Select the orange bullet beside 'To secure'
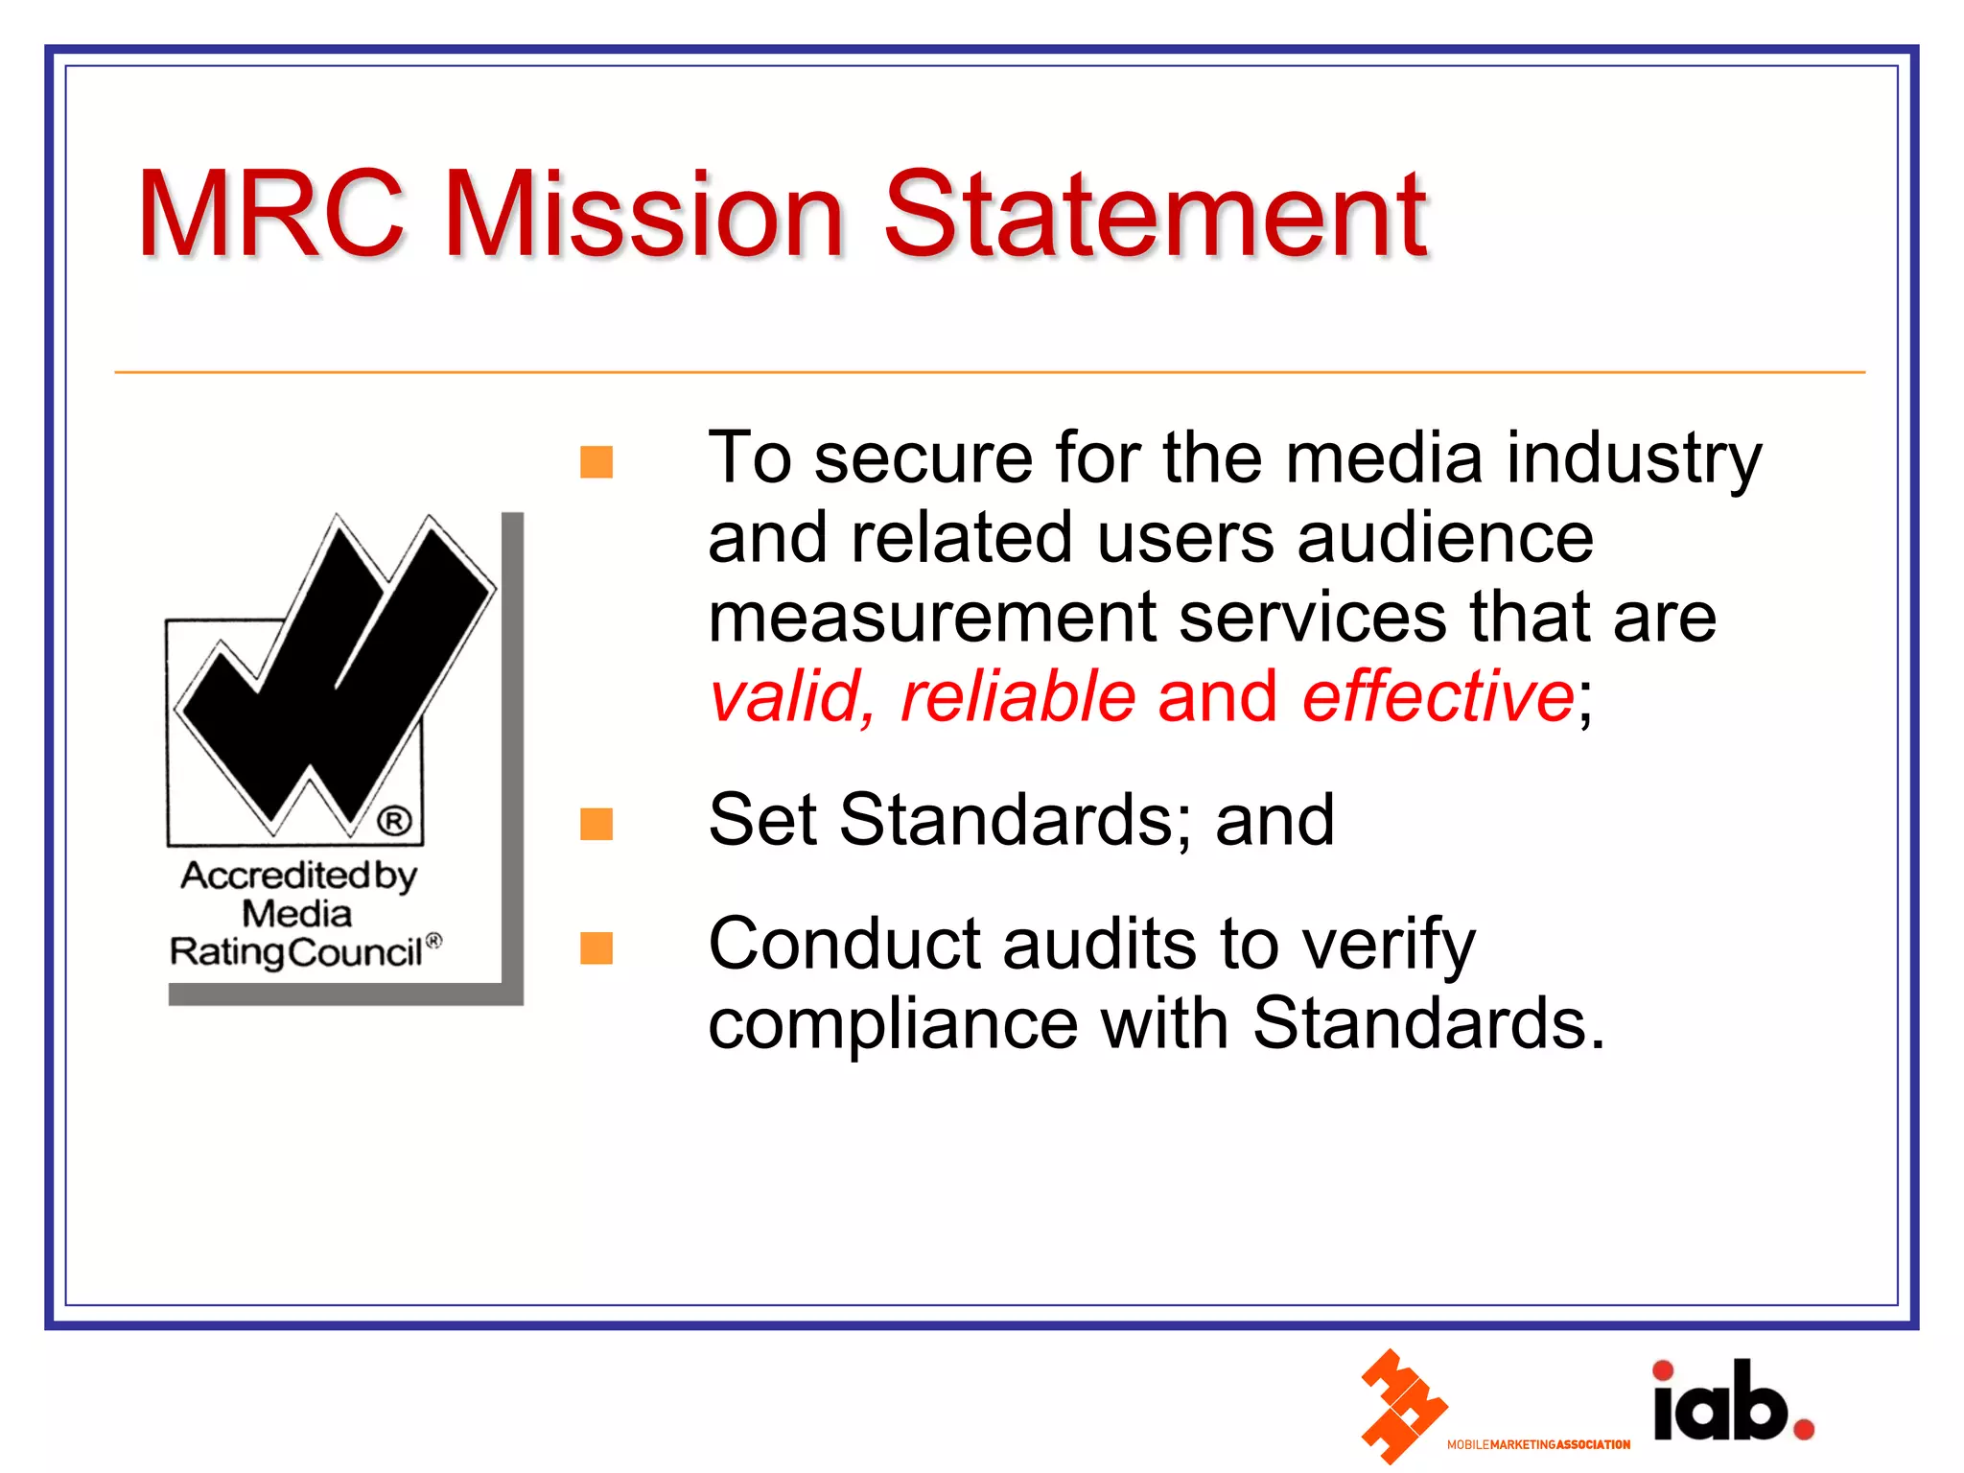click(596, 462)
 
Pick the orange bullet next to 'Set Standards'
click(596, 824)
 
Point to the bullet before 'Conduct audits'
click(596, 947)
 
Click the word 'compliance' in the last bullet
click(892, 1024)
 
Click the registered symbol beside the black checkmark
click(394, 821)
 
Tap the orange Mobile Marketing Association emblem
click(1401, 1406)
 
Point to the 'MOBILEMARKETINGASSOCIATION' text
click(1538, 1444)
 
